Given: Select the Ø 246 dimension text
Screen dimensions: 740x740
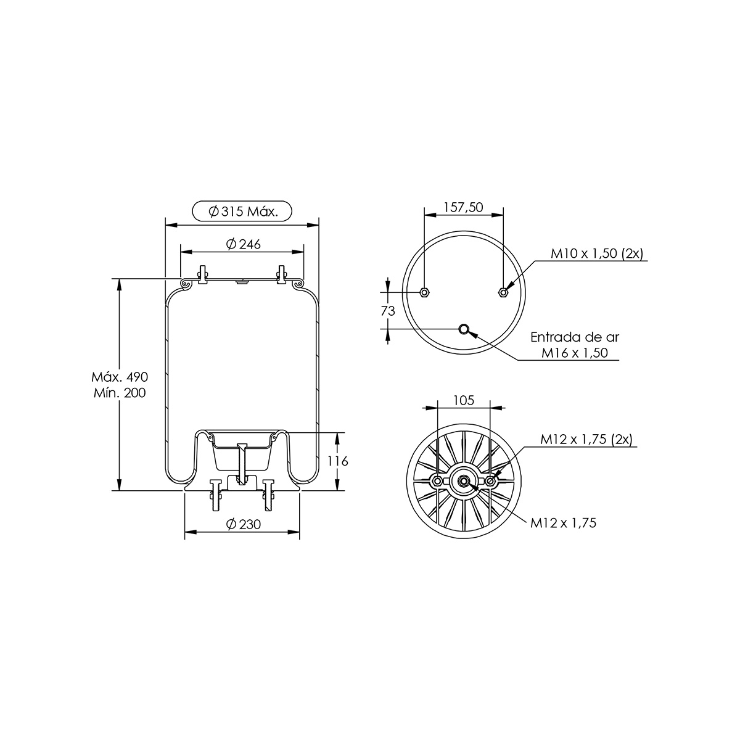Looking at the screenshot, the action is (244, 244).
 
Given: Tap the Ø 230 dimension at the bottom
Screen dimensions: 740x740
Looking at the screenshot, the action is (244, 524).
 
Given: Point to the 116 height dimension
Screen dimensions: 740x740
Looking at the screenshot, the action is (338, 461).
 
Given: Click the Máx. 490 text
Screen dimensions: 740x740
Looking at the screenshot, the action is (120, 377).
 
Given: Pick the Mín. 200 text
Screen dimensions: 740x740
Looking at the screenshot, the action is (120, 393).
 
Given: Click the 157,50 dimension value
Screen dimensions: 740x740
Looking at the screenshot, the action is (464, 207).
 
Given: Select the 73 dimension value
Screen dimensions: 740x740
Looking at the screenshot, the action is (388, 311).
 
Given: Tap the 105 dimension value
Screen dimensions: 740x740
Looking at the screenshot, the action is (464, 401).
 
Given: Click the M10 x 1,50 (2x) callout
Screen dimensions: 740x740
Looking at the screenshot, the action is (597, 253).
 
